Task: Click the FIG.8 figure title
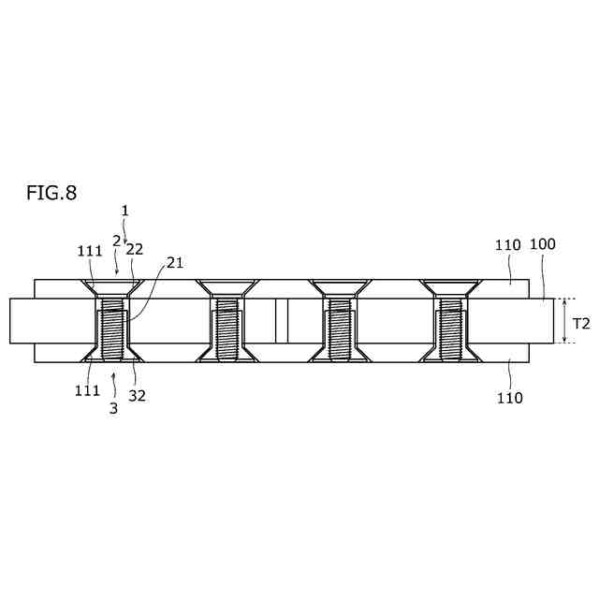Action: tap(51, 194)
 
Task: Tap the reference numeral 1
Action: tap(124, 212)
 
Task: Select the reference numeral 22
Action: tap(134, 249)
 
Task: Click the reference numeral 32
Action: tap(137, 395)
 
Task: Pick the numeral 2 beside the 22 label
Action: tap(116, 241)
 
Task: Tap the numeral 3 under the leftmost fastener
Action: tap(113, 408)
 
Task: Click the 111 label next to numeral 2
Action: tap(89, 250)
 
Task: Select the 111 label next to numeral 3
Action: tap(87, 390)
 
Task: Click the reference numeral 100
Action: tap(543, 244)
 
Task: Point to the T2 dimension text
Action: tap(581, 323)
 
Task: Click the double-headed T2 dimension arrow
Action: tap(564, 321)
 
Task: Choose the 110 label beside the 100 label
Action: tap(507, 245)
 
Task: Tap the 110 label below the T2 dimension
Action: tap(510, 398)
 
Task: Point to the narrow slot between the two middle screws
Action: tap(282, 321)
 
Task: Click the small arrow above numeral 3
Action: tap(113, 376)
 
